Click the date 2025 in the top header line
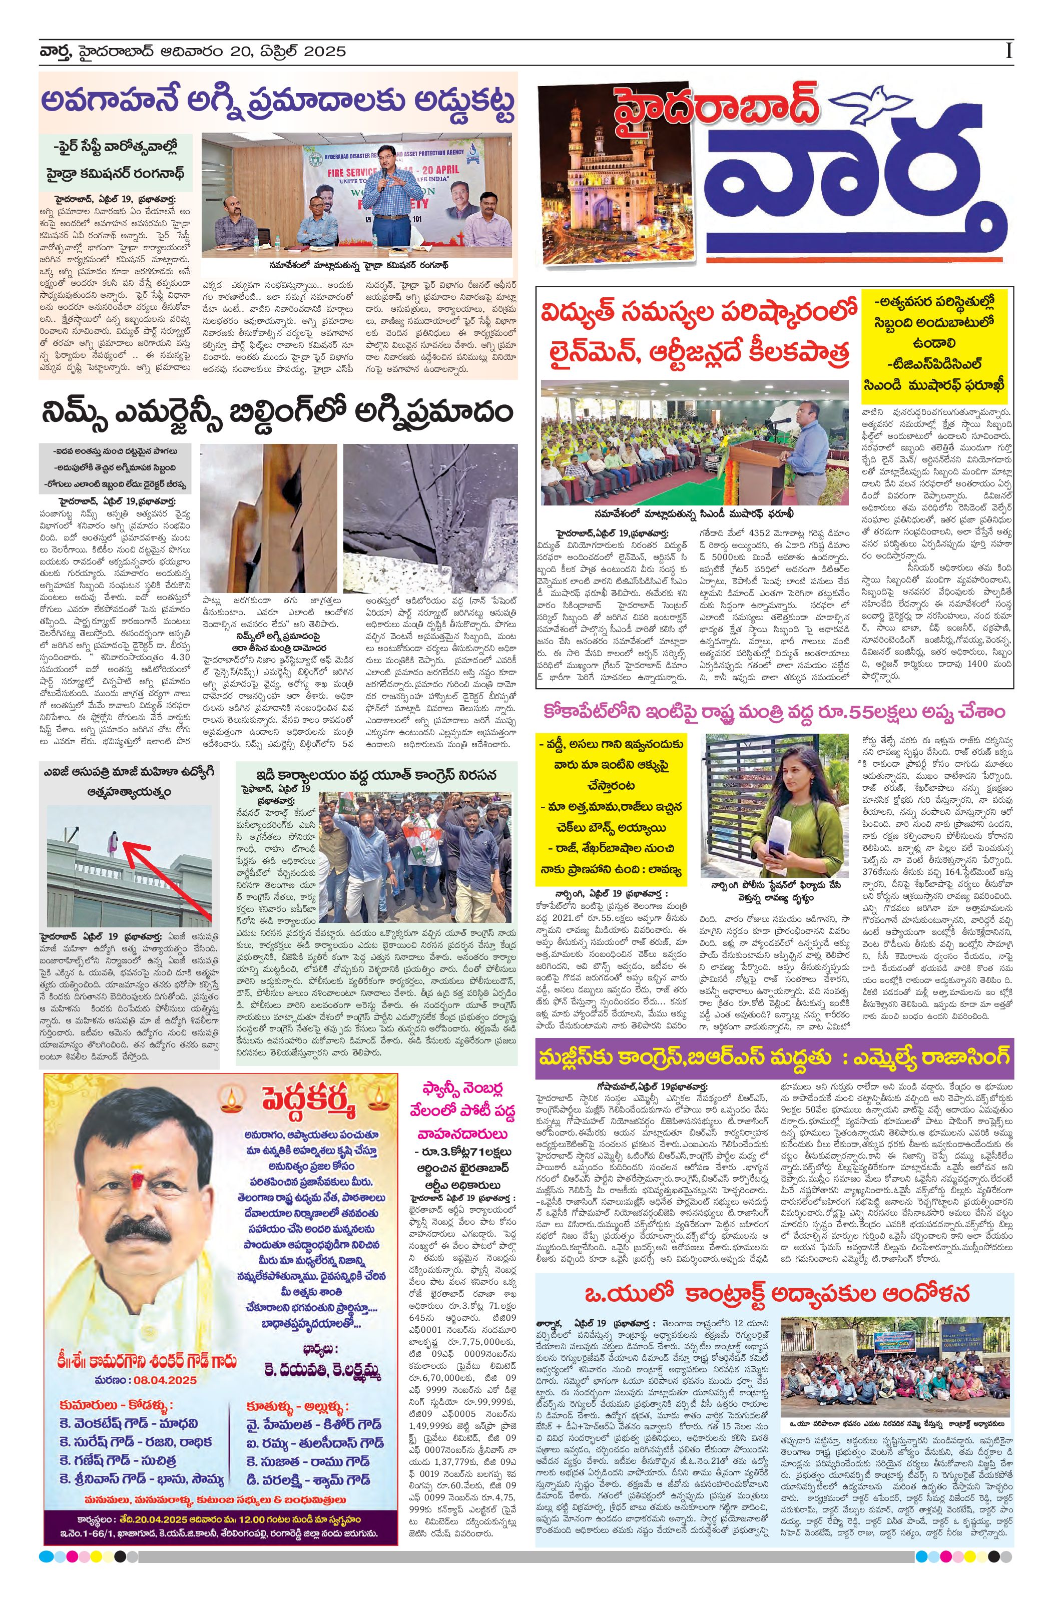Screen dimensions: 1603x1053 click(323, 51)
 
